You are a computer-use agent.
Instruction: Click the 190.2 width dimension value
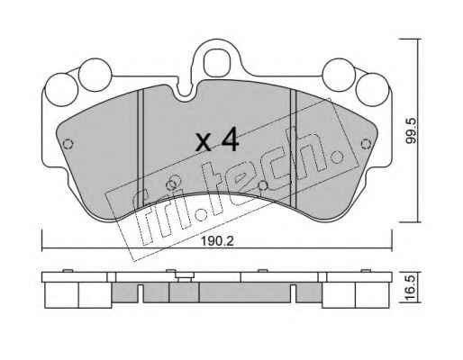click(x=217, y=241)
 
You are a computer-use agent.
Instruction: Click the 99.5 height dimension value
click(x=412, y=130)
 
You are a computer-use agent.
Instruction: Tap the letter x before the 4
click(x=204, y=142)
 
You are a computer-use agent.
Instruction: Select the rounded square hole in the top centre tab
click(x=215, y=64)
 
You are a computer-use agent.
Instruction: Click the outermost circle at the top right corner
click(x=372, y=90)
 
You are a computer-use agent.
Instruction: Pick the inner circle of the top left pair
click(x=95, y=75)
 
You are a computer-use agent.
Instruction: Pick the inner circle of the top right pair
click(x=339, y=75)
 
